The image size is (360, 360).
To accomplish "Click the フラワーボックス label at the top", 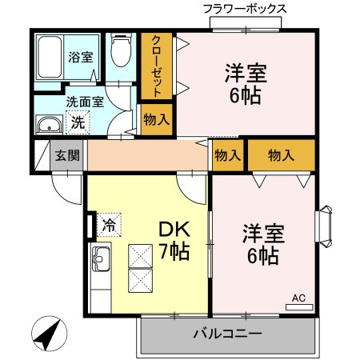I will point(244,9).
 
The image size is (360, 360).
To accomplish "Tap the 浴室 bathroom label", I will point(81,58).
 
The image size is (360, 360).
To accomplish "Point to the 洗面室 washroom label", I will point(85,102).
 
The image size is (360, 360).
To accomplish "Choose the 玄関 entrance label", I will point(68,155).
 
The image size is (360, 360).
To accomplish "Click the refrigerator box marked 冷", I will point(107,225).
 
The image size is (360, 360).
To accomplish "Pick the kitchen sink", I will point(101,258).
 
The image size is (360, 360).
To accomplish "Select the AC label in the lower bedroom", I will point(298,299).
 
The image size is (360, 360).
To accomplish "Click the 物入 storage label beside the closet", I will point(157,120).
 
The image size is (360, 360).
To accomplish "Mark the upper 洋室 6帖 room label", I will point(246,82).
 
